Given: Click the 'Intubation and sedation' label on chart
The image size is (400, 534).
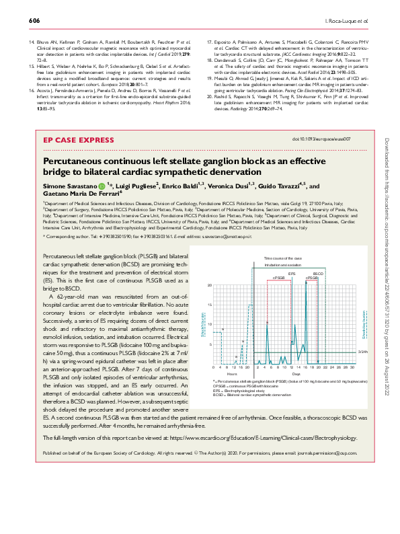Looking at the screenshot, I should pyautogui.click(x=282, y=266).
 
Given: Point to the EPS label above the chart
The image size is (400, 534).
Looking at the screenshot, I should pyautogui.click(x=292, y=274).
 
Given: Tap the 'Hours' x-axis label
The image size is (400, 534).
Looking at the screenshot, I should pyautogui.click(x=231, y=374).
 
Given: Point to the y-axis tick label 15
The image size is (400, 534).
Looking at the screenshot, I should pyautogui.click(x=210, y=305).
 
